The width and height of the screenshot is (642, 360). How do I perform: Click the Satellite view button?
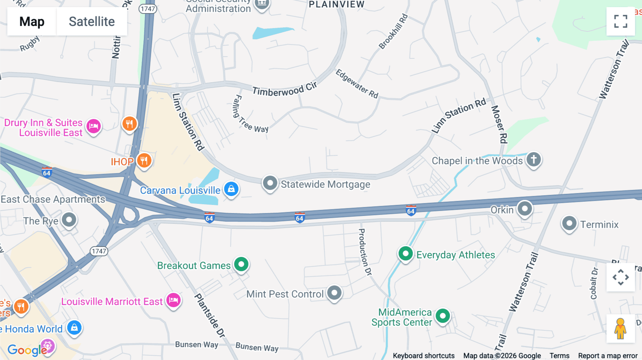(92, 22)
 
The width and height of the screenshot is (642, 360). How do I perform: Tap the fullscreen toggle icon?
(621, 21)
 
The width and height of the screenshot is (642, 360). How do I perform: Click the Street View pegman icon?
(620, 328)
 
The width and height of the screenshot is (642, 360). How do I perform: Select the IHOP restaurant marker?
(144, 161)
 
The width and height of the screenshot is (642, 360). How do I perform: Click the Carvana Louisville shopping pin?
(231, 189)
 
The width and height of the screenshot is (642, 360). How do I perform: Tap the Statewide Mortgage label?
(325, 184)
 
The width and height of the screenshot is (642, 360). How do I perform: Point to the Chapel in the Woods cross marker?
(534, 159)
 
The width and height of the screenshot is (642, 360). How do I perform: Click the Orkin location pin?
(525, 209)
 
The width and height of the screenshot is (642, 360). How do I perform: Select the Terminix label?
(599, 225)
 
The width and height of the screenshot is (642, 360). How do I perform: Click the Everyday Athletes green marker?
(406, 254)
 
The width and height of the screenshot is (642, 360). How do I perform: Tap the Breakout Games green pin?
(241, 264)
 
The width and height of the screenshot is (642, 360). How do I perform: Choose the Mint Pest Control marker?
(334, 293)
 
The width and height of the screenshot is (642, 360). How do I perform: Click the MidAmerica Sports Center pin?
(443, 316)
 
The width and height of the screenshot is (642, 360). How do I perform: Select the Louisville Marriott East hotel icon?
(174, 300)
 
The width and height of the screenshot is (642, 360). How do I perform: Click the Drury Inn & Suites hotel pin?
(94, 126)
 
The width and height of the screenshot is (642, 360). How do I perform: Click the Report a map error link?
(607, 356)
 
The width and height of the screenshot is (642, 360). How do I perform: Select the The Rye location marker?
(69, 220)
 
